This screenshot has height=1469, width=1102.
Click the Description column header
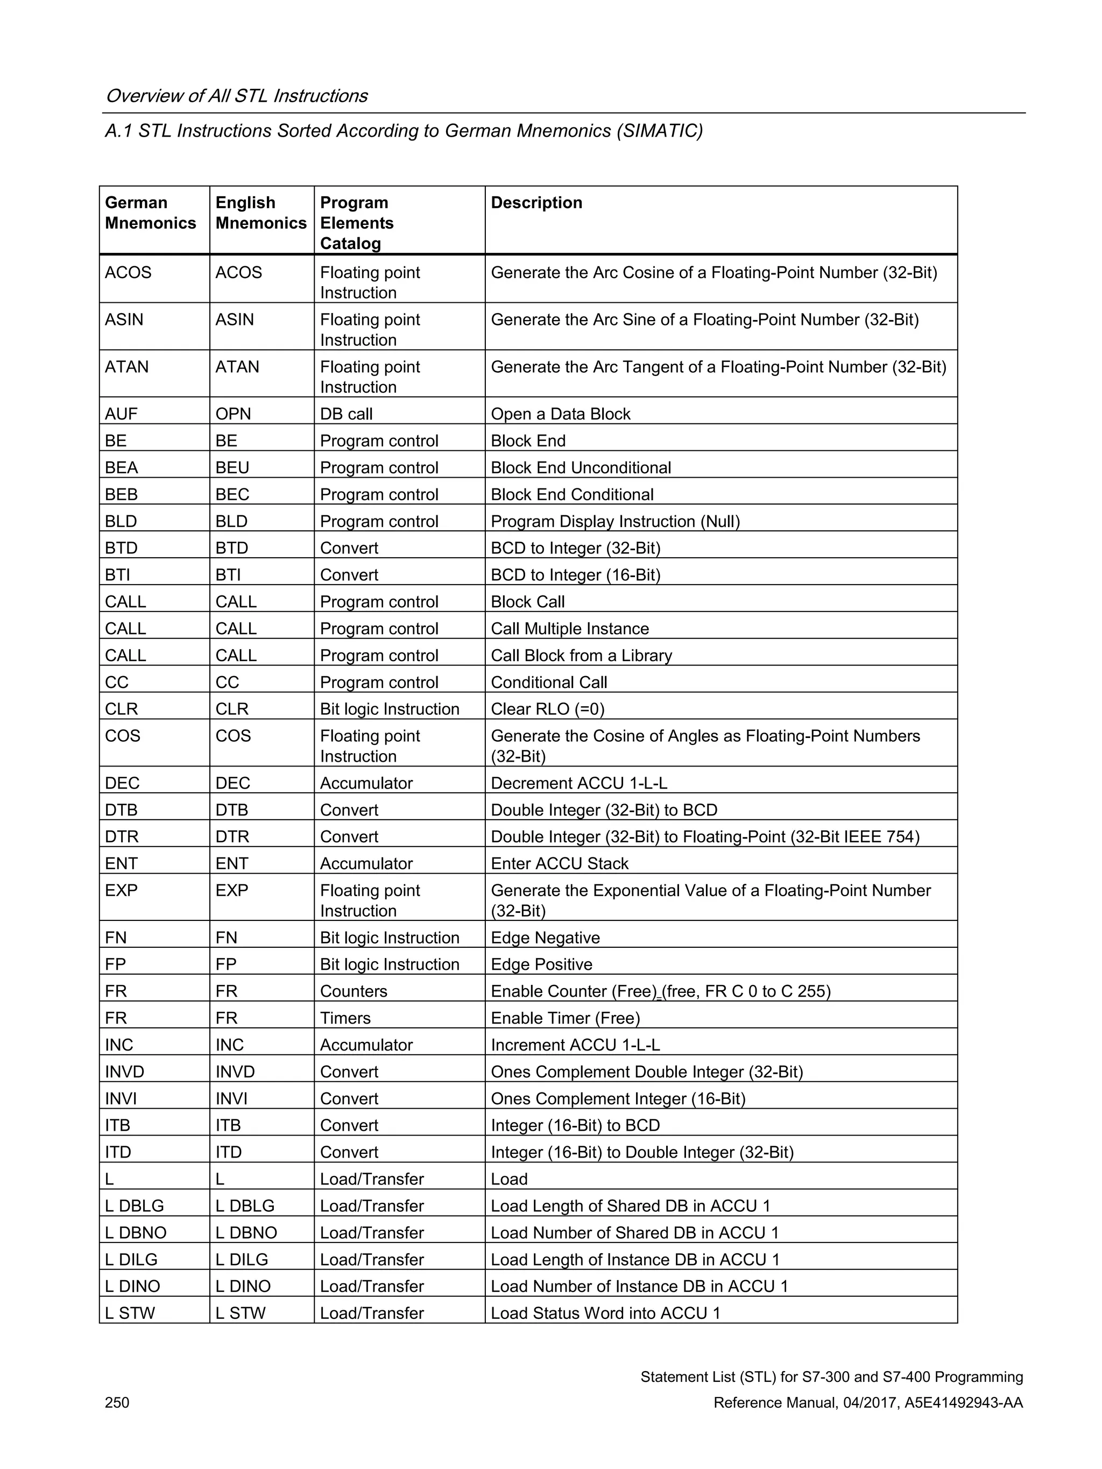click(536, 203)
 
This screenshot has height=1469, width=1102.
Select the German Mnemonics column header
click(150, 212)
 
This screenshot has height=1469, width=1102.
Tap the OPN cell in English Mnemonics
click(233, 414)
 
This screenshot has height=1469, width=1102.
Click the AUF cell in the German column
click(121, 414)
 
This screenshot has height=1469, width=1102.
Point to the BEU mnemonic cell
click(232, 467)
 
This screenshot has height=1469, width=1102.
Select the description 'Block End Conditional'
click(572, 494)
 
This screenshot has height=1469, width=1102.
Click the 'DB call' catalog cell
click(346, 414)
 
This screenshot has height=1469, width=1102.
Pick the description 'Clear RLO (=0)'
click(547, 708)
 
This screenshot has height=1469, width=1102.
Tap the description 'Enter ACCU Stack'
click(559, 863)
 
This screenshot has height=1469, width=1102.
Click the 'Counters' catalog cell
click(354, 991)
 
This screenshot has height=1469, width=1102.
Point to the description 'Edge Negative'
click(545, 938)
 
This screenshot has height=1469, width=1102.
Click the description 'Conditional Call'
click(549, 682)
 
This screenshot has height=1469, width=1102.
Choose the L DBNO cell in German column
click(136, 1232)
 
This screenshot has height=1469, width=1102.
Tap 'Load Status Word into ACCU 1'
click(605, 1313)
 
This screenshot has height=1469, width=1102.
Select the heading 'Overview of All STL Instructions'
click(236, 96)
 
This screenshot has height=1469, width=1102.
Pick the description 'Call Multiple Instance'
click(570, 628)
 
